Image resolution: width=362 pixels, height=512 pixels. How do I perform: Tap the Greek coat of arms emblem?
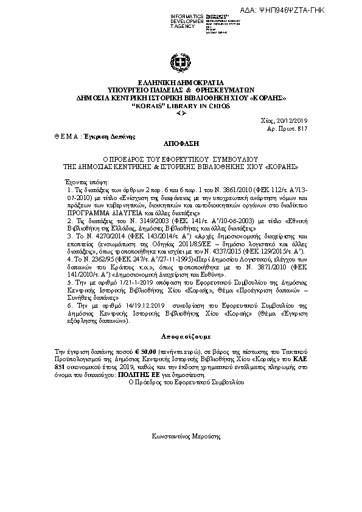click(181, 63)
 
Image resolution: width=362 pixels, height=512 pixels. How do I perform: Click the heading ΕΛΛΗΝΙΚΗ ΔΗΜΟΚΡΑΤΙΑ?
click(181, 82)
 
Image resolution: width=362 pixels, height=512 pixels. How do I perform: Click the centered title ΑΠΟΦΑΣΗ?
click(181, 144)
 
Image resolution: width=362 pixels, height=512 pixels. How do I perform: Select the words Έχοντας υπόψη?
click(86, 182)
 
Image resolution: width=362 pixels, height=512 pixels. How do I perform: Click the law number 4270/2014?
click(103, 234)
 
